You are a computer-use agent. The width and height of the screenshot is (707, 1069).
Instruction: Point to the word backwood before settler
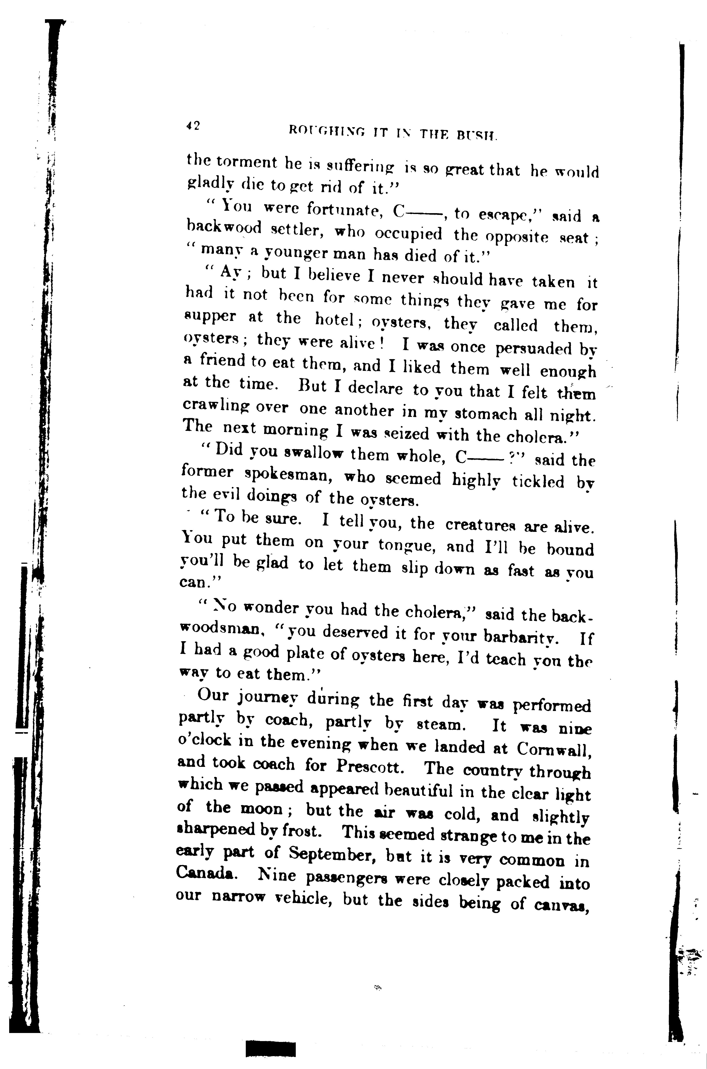click(224, 229)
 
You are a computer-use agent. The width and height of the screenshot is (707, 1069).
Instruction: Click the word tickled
click(538, 481)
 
